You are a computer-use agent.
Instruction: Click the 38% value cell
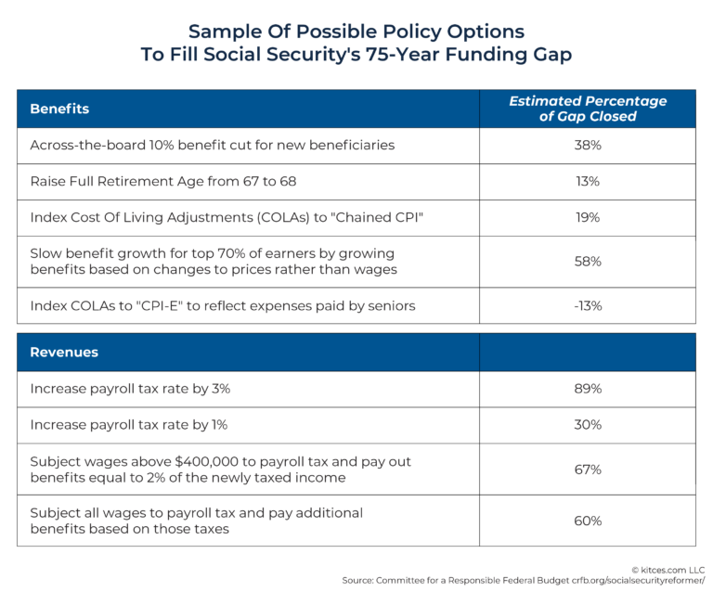587,145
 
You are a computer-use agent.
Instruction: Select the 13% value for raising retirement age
587,181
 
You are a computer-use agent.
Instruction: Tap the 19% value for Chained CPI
587,217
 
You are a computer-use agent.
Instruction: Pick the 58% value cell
587,262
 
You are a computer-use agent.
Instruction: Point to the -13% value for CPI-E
587,305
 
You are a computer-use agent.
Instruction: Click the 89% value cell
587,389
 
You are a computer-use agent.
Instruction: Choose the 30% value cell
587,424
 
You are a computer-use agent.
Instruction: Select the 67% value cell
587,469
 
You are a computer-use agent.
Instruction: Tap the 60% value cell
587,521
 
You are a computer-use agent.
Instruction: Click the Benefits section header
59,109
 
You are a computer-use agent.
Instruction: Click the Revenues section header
64,353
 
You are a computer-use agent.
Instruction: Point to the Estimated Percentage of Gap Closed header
587,109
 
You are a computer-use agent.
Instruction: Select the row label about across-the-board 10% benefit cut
212,145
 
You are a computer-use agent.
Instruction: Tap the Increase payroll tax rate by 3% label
130,389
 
